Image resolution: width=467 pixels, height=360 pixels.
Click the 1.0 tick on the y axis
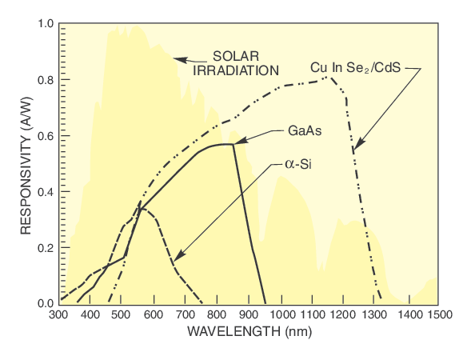click(46, 25)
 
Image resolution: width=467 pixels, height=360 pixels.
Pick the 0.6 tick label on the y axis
click(46, 136)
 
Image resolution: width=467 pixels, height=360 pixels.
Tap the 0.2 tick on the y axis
click(46, 248)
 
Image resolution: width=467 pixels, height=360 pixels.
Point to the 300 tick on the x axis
click(58, 316)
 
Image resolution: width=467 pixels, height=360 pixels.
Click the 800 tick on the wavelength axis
click(218, 316)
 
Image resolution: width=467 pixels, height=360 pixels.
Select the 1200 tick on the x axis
click(345, 316)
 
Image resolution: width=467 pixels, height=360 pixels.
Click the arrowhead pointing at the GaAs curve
click(237, 142)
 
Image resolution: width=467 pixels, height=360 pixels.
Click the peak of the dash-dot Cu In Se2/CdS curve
click(329, 78)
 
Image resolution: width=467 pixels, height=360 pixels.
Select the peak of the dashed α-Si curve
click(142, 207)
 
